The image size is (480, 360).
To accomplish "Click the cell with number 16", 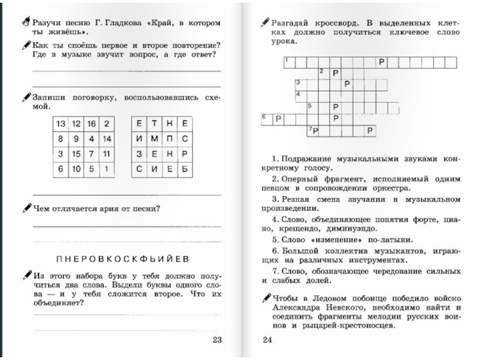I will (x=91, y=124).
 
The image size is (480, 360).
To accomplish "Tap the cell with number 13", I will (x=61, y=124).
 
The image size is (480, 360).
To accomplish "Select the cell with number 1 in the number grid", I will (x=106, y=169).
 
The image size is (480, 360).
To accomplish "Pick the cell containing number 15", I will (x=76, y=154).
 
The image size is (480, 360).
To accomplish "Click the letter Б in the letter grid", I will (x=185, y=169).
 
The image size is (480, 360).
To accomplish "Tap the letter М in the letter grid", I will (x=154, y=139).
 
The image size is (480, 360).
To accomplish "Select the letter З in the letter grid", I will (x=139, y=154).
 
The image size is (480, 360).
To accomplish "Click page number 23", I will (x=217, y=340).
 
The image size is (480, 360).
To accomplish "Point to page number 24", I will (x=268, y=340).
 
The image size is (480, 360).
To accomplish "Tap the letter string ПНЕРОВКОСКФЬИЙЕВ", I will (x=123, y=259).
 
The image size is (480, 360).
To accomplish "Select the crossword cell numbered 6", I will (x=266, y=118).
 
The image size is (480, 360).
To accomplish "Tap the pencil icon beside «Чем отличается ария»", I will (x=26, y=208).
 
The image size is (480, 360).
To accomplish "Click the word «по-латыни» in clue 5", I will (x=364, y=239).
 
